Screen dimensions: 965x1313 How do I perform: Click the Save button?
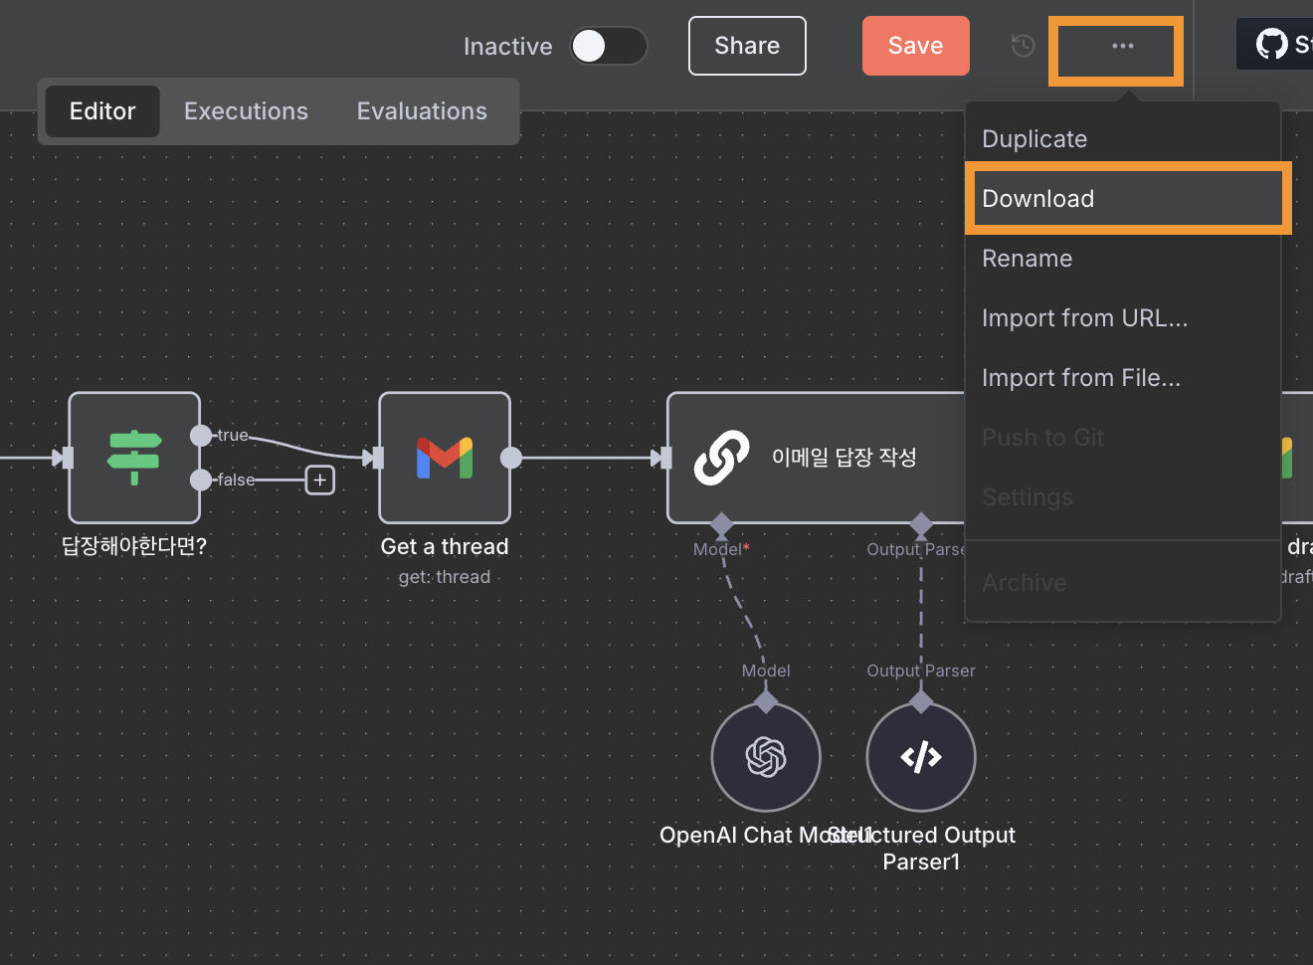tap(915, 46)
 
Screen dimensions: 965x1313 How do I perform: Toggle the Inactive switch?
tap(608, 46)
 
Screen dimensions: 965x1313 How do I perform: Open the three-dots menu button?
tap(1122, 46)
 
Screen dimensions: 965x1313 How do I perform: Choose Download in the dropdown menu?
tap(1037, 199)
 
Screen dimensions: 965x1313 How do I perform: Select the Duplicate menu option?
tap(1034, 139)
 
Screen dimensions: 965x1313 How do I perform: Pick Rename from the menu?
tap(1027, 259)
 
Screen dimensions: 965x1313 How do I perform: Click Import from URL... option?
tap(1084, 318)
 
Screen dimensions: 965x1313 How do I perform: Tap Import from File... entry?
tap(1081, 378)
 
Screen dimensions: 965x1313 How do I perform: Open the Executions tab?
tap(246, 111)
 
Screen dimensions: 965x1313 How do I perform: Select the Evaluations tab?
tap(422, 111)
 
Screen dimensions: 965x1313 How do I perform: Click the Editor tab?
tap(102, 111)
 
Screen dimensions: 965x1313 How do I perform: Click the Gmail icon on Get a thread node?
tap(445, 458)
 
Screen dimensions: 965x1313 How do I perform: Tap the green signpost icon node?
tap(134, 458)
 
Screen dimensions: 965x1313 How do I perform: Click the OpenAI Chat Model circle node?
tap(766, 757)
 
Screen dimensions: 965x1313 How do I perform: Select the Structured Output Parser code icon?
tap(921, 757)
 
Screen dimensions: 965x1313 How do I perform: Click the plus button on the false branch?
tap(319, 481)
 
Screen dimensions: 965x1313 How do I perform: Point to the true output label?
tap(233, 435)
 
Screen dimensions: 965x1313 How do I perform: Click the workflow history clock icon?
tap(1023, 46)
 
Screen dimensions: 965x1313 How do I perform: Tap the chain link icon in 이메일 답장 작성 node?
tap(721, 458)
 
